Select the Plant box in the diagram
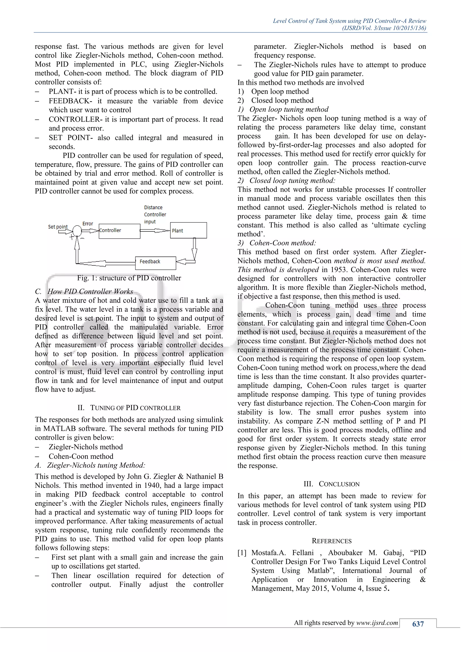point(188,230)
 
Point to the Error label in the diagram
point(88,224)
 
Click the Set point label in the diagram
point(58,227)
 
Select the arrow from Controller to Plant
point(155,231)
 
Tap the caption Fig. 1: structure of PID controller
point(129,278)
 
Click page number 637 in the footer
point(418,624)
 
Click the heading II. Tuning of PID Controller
point(129,408)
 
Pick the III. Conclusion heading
point(331,484)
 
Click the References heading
point(331,541)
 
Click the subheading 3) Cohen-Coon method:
point(277,243)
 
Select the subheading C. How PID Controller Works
point(84,291)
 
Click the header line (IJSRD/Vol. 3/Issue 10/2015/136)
point(384,28)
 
